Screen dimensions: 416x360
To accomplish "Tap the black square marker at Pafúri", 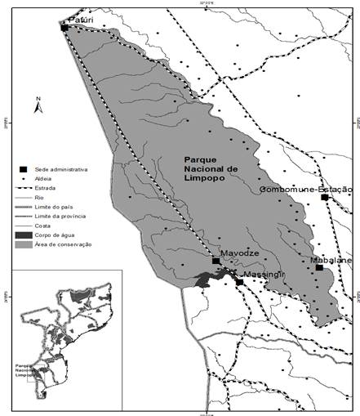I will [64, 28].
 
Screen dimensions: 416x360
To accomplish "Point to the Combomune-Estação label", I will [306, 189].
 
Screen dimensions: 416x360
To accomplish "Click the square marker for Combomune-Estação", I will [324, 198].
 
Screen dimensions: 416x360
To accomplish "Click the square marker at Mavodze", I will [216, 261].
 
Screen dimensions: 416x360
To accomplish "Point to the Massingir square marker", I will [239, 283].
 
